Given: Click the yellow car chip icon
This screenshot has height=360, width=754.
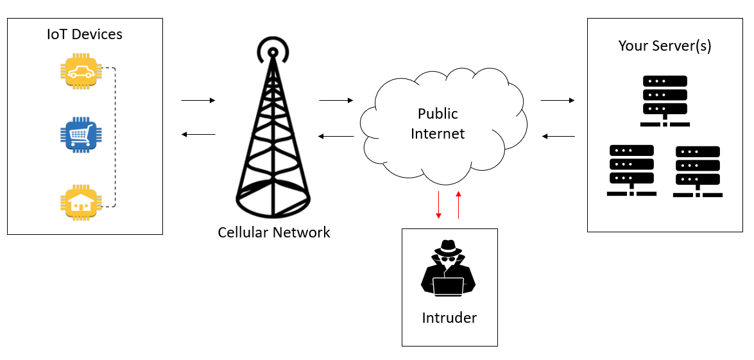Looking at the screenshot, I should coord(80,73).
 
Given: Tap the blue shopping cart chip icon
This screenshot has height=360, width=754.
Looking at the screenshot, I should coord(80,133).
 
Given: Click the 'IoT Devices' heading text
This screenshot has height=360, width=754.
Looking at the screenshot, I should coord(85,34).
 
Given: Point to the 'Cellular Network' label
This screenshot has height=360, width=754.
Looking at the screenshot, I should coord(274,232).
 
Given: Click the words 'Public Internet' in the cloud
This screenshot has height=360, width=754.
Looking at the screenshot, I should coord(438,124).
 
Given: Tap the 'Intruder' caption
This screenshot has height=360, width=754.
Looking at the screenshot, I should coord(449,318).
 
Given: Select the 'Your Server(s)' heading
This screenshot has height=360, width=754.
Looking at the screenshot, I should coord(665,46).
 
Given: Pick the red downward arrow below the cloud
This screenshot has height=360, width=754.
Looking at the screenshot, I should coord(438,205).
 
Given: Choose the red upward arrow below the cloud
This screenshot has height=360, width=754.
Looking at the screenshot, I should coord(458,205).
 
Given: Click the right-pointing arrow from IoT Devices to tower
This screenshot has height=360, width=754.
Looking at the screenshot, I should coord(198,101).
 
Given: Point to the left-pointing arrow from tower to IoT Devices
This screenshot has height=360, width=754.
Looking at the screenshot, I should coord(198,134).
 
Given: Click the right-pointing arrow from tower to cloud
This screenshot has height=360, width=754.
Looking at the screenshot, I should coord(336,101).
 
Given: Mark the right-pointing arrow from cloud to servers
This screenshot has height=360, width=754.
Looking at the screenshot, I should coord(557,101).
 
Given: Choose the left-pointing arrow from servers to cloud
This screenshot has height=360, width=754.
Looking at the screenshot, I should coord(558,136).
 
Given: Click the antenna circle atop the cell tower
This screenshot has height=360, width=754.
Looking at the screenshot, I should coord(273,51).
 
